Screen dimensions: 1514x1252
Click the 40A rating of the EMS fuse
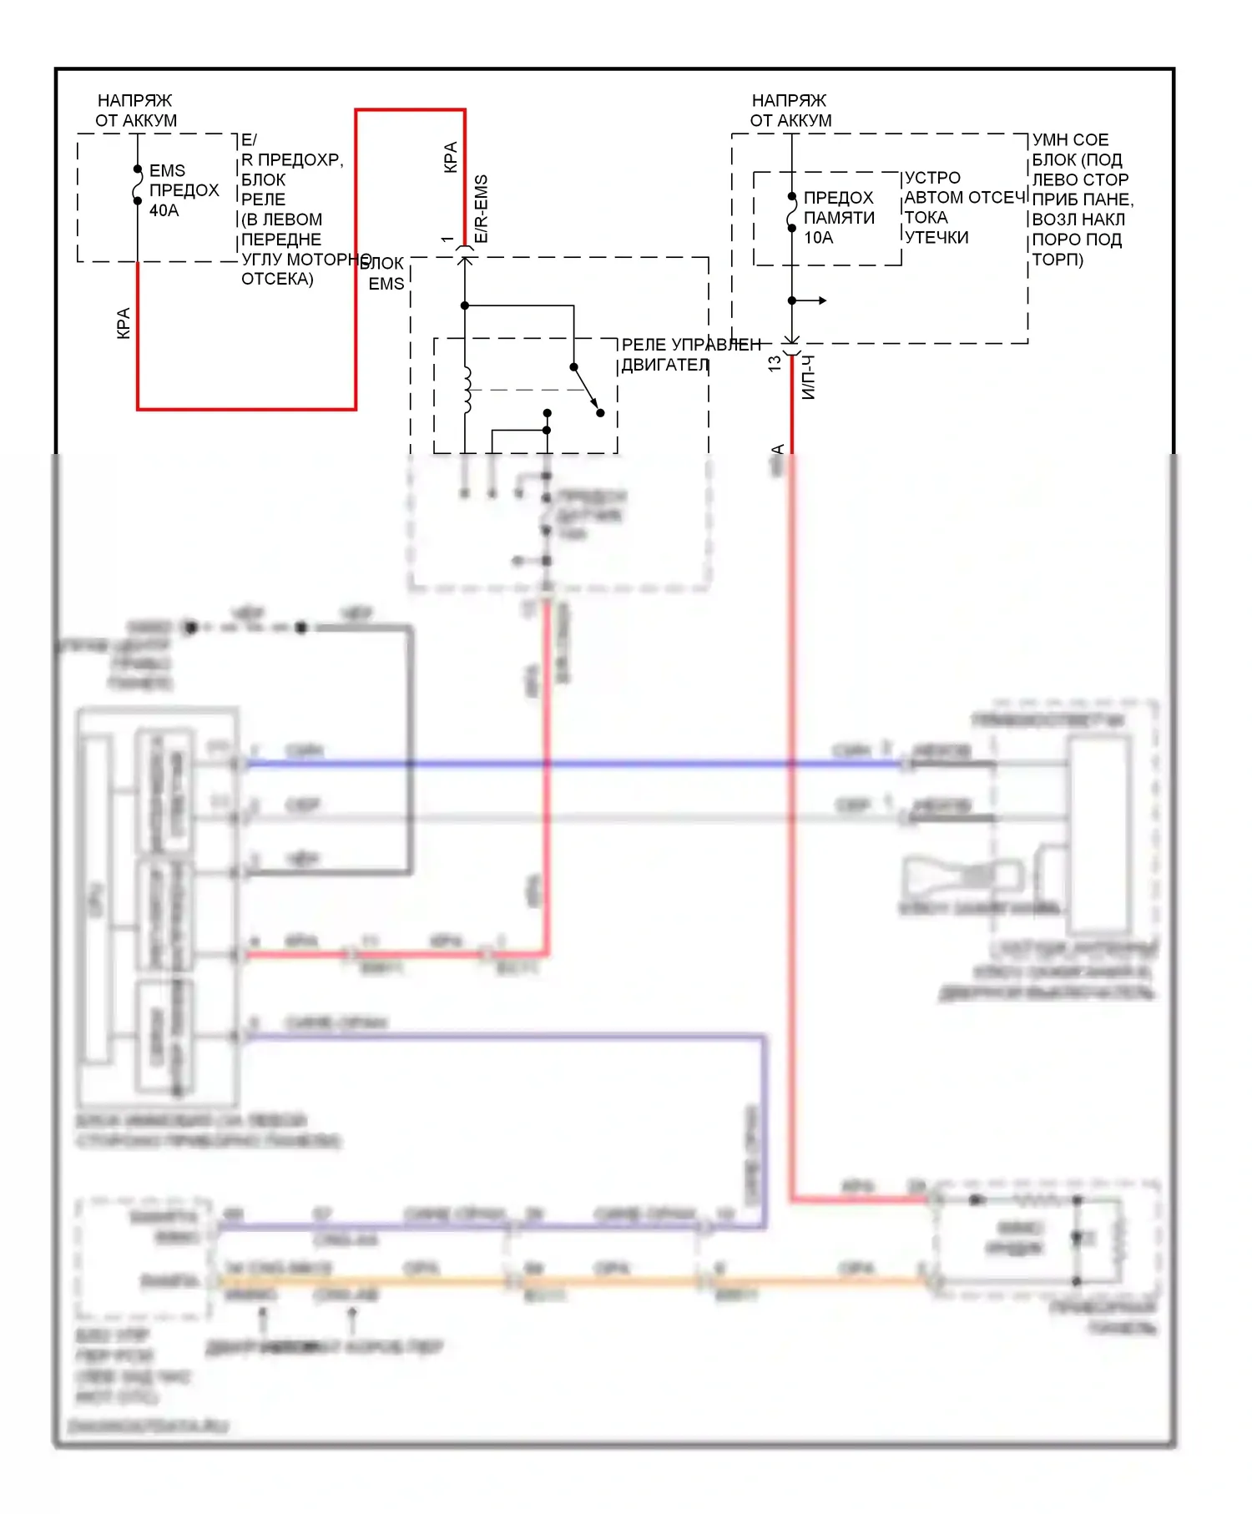point(164,210)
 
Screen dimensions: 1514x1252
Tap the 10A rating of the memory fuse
point(818,238)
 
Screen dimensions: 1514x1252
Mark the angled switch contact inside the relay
point(587,390)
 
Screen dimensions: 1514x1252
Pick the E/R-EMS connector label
point(482,209)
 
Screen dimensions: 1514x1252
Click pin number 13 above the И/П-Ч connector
point(775,364)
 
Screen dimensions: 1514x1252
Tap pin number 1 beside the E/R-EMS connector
point(448,240)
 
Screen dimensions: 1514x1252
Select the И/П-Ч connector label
point(808,377)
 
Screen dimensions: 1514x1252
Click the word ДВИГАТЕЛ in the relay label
point(665,365)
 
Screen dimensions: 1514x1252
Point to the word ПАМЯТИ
point(839,218)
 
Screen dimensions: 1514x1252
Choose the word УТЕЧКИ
point(936,238)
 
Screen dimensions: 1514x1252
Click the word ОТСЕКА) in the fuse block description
point(277,279)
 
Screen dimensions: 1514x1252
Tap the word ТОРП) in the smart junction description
point(1058,260)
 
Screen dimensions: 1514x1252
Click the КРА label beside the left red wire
point(124,323)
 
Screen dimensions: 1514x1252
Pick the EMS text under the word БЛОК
point(386,284)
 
